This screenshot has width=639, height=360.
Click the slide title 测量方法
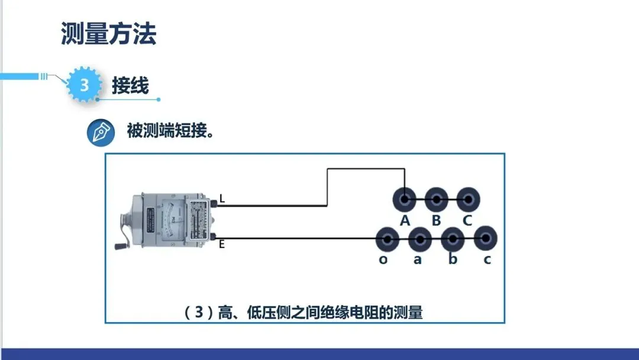coord(109,34)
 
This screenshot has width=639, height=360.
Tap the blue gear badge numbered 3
coord(83,85)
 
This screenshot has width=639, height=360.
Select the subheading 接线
coord(130,85)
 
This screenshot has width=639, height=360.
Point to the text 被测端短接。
coord(170,131)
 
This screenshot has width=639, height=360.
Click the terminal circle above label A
coord(405,200)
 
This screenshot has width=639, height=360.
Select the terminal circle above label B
coord(436,200)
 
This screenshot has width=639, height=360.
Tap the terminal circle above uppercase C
coord(468,200)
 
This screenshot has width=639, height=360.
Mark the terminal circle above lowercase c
coord(485,239)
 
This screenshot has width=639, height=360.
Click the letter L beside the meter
coord(222,200)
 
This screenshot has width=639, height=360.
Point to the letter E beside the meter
coord(222,244)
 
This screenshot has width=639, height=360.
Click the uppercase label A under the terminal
coord(405,221)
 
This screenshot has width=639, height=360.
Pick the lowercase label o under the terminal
coord(383,259)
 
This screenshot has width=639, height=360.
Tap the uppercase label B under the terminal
coord(436,221)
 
